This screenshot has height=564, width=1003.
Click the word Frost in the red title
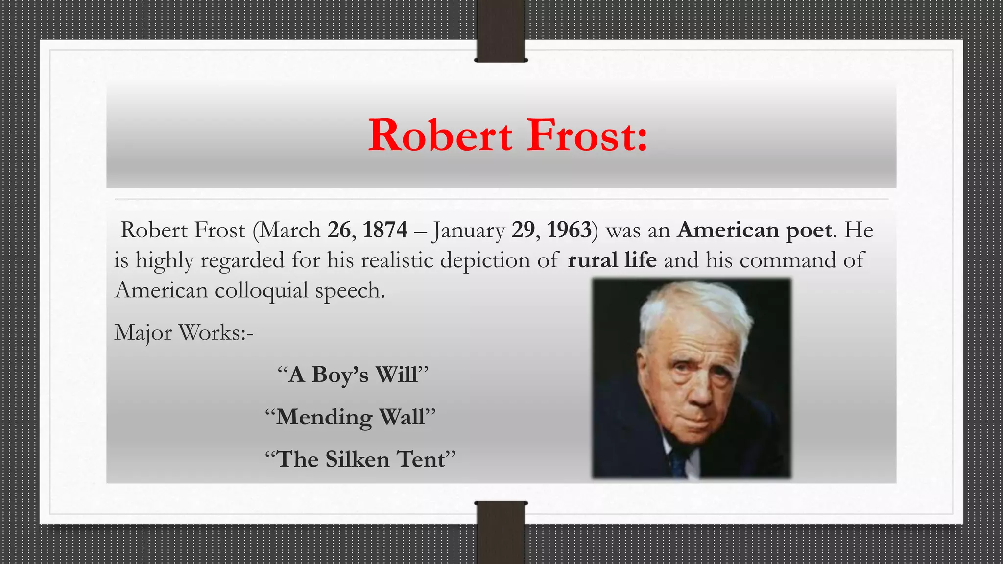pos(587,136)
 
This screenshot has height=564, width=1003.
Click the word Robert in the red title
pos(440,136)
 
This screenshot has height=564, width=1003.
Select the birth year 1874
pos(385,230)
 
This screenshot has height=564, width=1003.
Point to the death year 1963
pos(569,230)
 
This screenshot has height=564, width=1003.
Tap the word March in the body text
pos(290,230)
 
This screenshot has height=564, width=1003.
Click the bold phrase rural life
pos(612,260)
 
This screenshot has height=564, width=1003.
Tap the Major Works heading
pos(184,333)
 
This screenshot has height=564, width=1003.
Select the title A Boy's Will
pos(353,375)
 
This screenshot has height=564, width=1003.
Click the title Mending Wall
pos(350,418)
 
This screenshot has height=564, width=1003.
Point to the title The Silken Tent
pos(360,460)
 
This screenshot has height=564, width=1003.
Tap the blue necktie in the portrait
pos(678,463)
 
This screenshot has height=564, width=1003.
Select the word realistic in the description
pos(397,260)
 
